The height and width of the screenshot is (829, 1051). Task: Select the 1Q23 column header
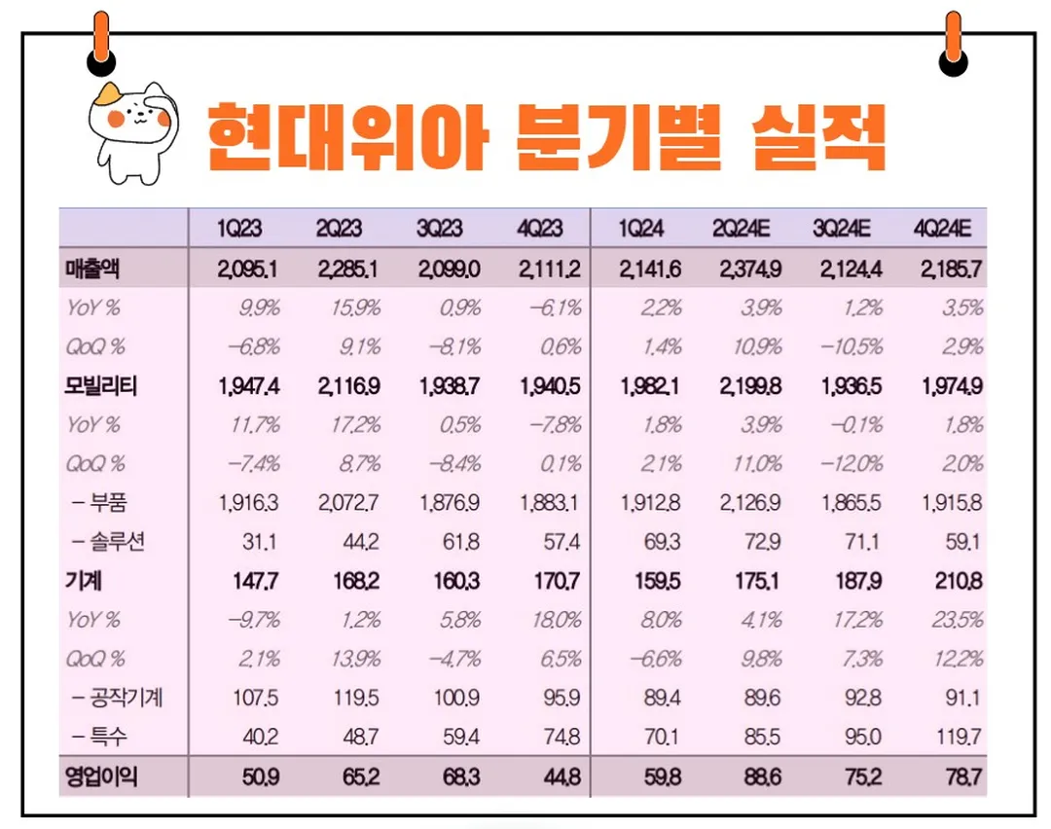pyautogui.click(x=239, y=230)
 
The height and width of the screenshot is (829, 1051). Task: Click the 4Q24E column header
pyautogui.click(x=942, y=230)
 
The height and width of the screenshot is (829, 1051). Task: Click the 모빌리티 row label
pyautogui.click(x=101, y=386)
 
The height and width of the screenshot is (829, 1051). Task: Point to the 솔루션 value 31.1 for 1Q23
pyautogui.click(x=261, y=542)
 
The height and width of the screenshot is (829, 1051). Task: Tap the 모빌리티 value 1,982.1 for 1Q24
pyautogui.click(x=650, y=386)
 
